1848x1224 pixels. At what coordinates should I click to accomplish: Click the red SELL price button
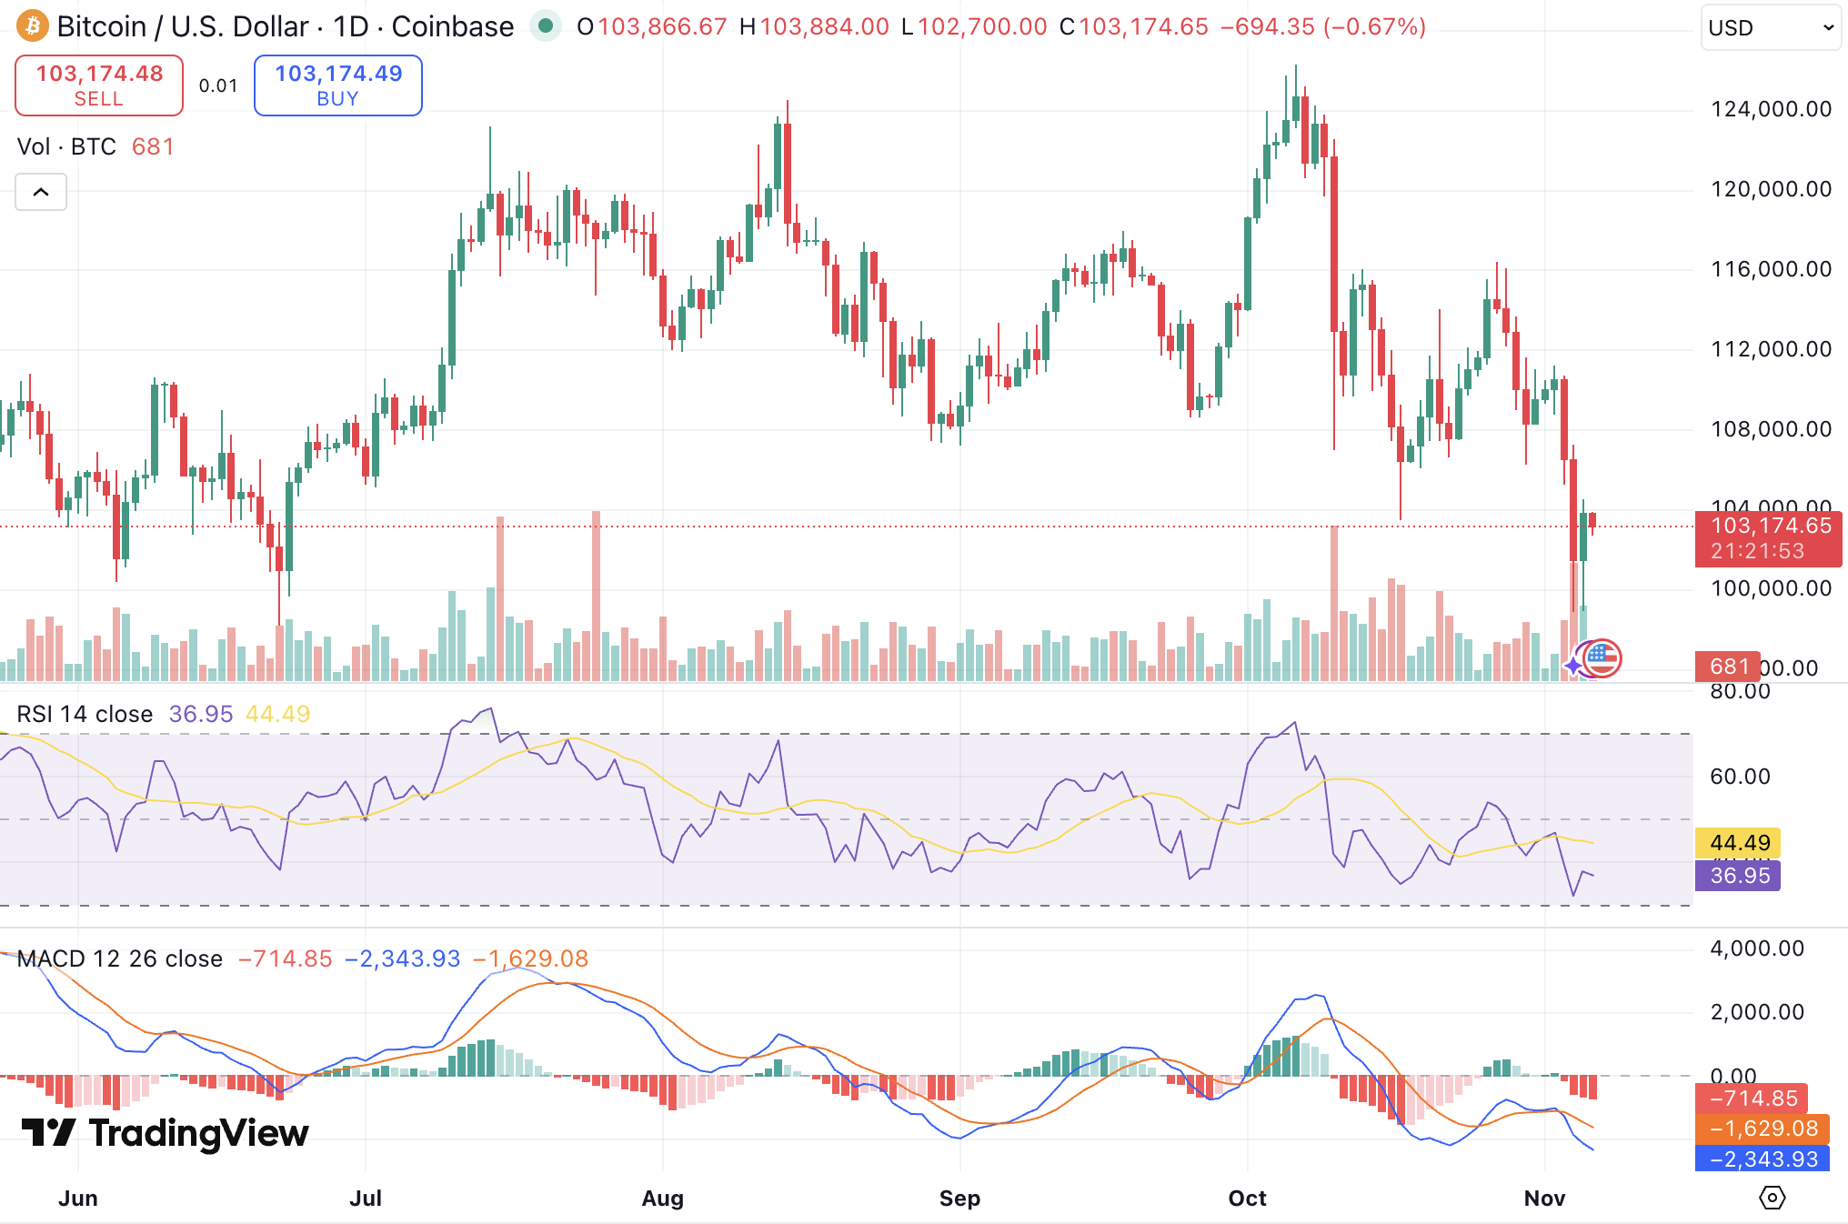99,85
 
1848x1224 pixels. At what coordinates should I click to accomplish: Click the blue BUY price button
338,85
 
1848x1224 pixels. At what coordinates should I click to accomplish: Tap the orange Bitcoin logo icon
33,26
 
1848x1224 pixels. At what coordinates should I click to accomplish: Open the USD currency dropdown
1770,27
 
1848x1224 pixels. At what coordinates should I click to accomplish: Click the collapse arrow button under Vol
41,192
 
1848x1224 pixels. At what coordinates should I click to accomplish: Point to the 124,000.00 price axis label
1771,109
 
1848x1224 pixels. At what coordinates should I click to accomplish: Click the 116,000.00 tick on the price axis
1771,269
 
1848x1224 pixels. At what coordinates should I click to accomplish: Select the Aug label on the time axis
662,1198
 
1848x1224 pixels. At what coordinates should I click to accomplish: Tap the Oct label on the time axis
1247,1198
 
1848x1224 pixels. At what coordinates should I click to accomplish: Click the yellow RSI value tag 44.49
1738,843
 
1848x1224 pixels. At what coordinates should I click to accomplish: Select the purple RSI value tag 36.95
1738,876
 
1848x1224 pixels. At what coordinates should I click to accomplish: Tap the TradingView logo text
165,1133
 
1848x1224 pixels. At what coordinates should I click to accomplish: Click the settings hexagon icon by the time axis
1772,1198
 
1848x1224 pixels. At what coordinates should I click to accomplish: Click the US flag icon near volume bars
1602,658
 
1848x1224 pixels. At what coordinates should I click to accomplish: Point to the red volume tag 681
1727,667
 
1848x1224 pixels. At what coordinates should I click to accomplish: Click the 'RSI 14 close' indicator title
85,714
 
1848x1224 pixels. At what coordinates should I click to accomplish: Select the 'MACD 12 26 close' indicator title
119,958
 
